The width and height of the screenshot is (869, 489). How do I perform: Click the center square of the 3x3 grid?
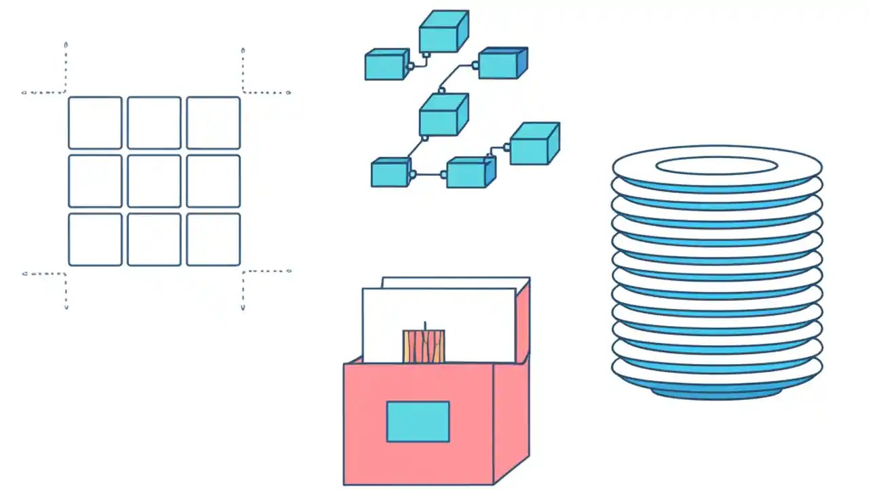click(x=154, y=181)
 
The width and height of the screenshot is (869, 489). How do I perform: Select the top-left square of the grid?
click(x=95, y=122)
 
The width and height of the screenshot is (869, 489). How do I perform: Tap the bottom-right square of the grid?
click(x=213, y=239)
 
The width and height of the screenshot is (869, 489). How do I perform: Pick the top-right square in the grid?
click(x=213, y=122)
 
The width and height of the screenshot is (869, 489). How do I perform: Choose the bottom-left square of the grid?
click(x=95, y=239)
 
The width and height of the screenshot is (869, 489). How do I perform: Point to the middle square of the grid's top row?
click(x=154, y=122)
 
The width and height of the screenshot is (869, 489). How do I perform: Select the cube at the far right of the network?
click(x=534, y=143)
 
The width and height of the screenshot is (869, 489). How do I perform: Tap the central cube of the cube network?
click(x=443, y=114)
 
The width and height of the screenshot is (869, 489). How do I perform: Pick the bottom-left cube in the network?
click(x=390, y=173)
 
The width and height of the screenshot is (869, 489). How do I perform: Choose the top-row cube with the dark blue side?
click(x=502, y=63)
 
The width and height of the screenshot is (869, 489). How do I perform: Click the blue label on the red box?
click(x=418, y=421)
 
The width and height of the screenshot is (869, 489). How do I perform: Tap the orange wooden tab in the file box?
click(x=424, y=346)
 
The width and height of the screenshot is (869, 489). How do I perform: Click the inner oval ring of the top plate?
click(x=716, y=165)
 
